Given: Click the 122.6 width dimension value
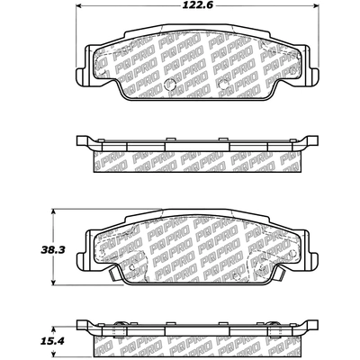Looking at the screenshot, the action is tap(198, 5).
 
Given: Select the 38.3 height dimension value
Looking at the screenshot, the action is tap(53, 250).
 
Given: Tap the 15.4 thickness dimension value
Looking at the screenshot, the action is tap(53, 341).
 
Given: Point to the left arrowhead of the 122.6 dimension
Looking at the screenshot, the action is tap(78, 5).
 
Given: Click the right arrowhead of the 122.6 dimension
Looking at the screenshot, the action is tap(315, 5).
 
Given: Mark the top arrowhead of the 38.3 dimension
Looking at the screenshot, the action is tap(53, 211).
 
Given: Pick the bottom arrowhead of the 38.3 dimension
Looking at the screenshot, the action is tap(53, 282).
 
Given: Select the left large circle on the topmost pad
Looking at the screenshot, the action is tap(170, 84).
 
